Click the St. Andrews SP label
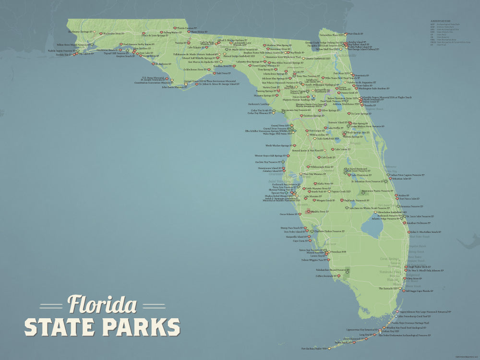click(161, 64)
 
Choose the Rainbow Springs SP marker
click(301, 116)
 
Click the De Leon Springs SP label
click(361, 114)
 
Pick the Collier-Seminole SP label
click(324, 276)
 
